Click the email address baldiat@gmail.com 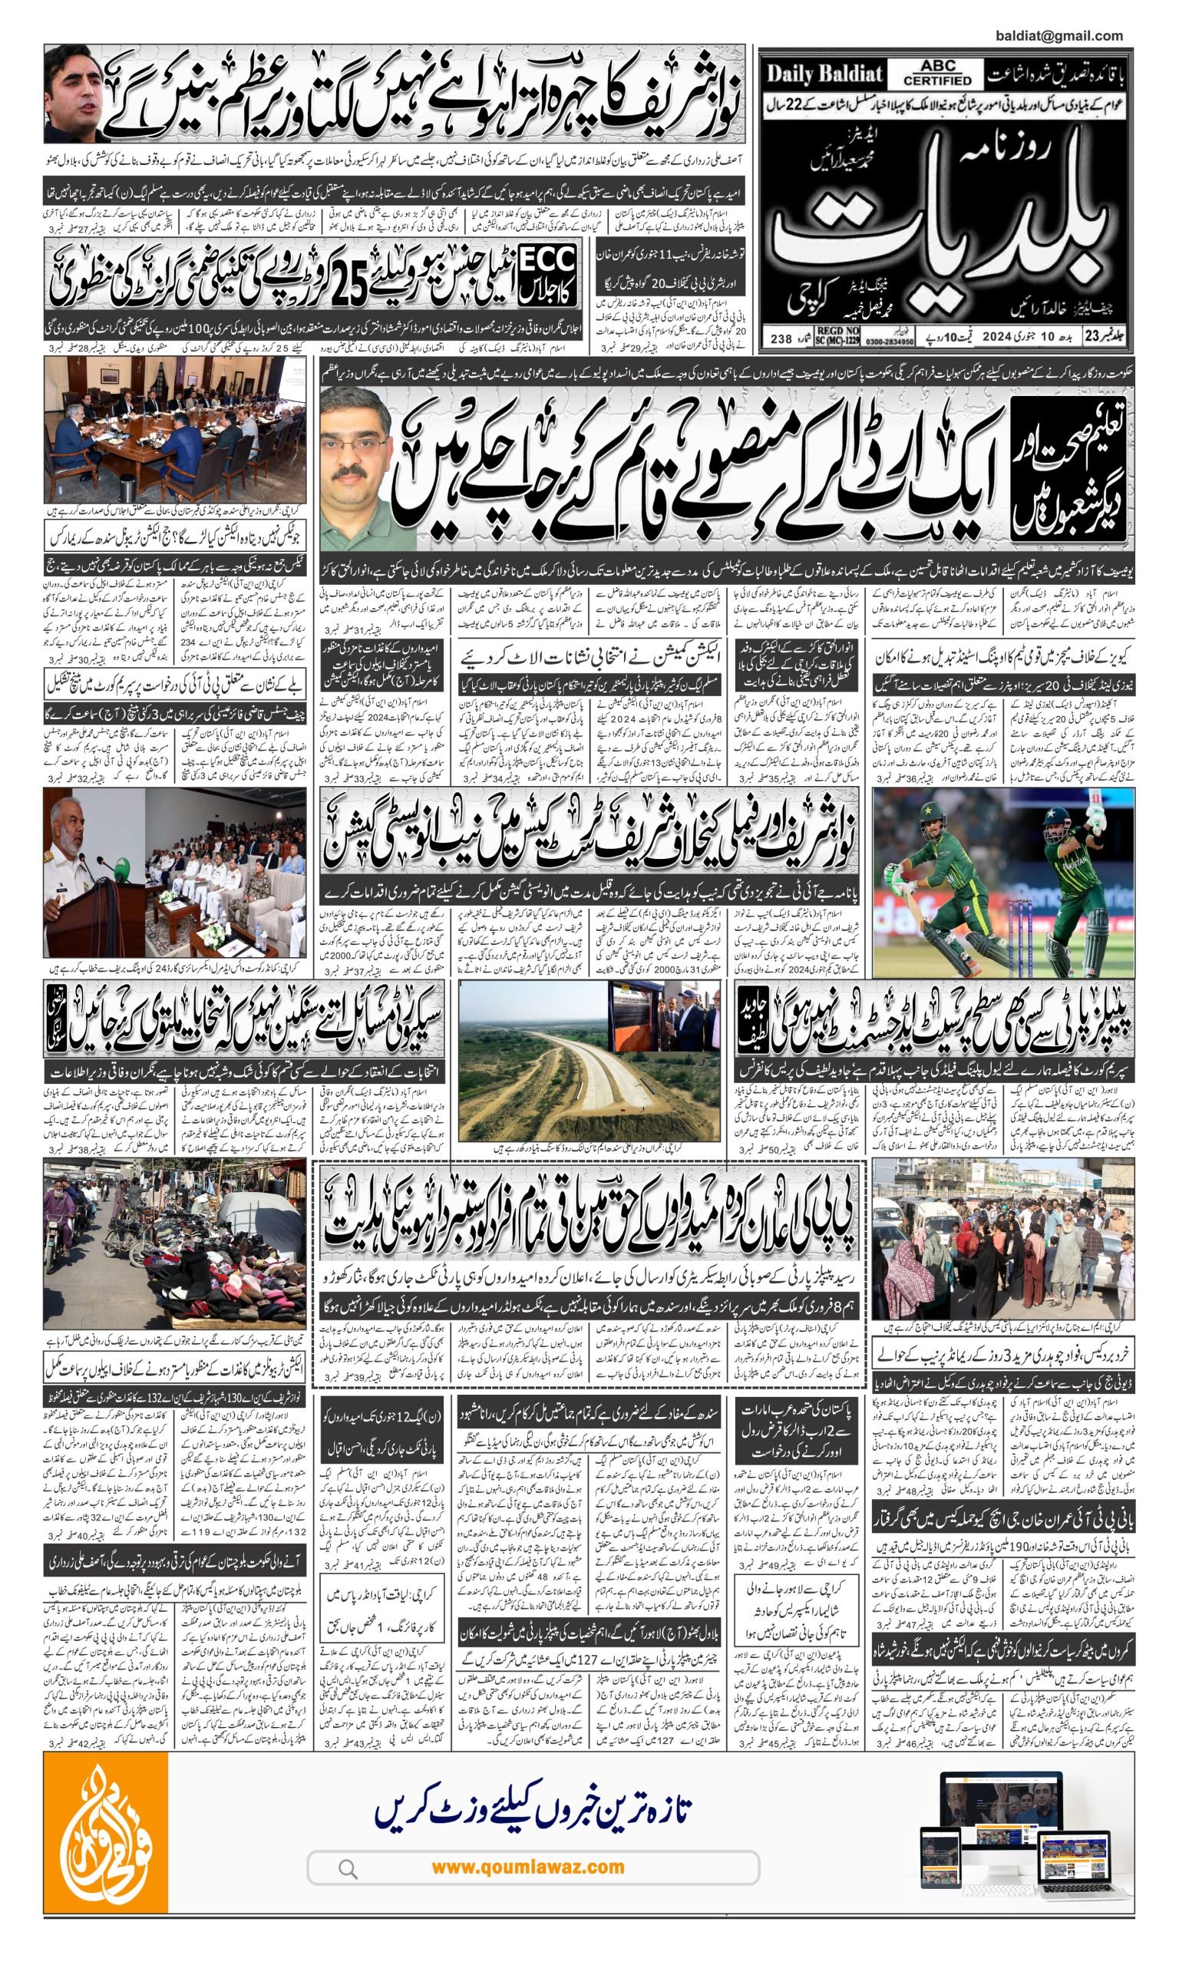pyautogui.click(x=1058, y=36)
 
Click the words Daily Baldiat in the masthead pyautogui.click(x=824, y=74)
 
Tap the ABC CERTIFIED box pyautogui.click(x=937, y=74)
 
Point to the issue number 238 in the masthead pyautogui.click(x=781, y=339)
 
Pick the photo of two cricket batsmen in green pyautogui.click(x=1002, y=882)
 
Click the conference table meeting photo pyautogui.click(x=174, y=429)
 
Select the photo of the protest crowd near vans pyautogui.click(x=1002, y=1239)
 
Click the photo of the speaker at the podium pyautogui.click(x=174, y=871)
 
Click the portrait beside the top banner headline pyautogui.click(x=78, y=94)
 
